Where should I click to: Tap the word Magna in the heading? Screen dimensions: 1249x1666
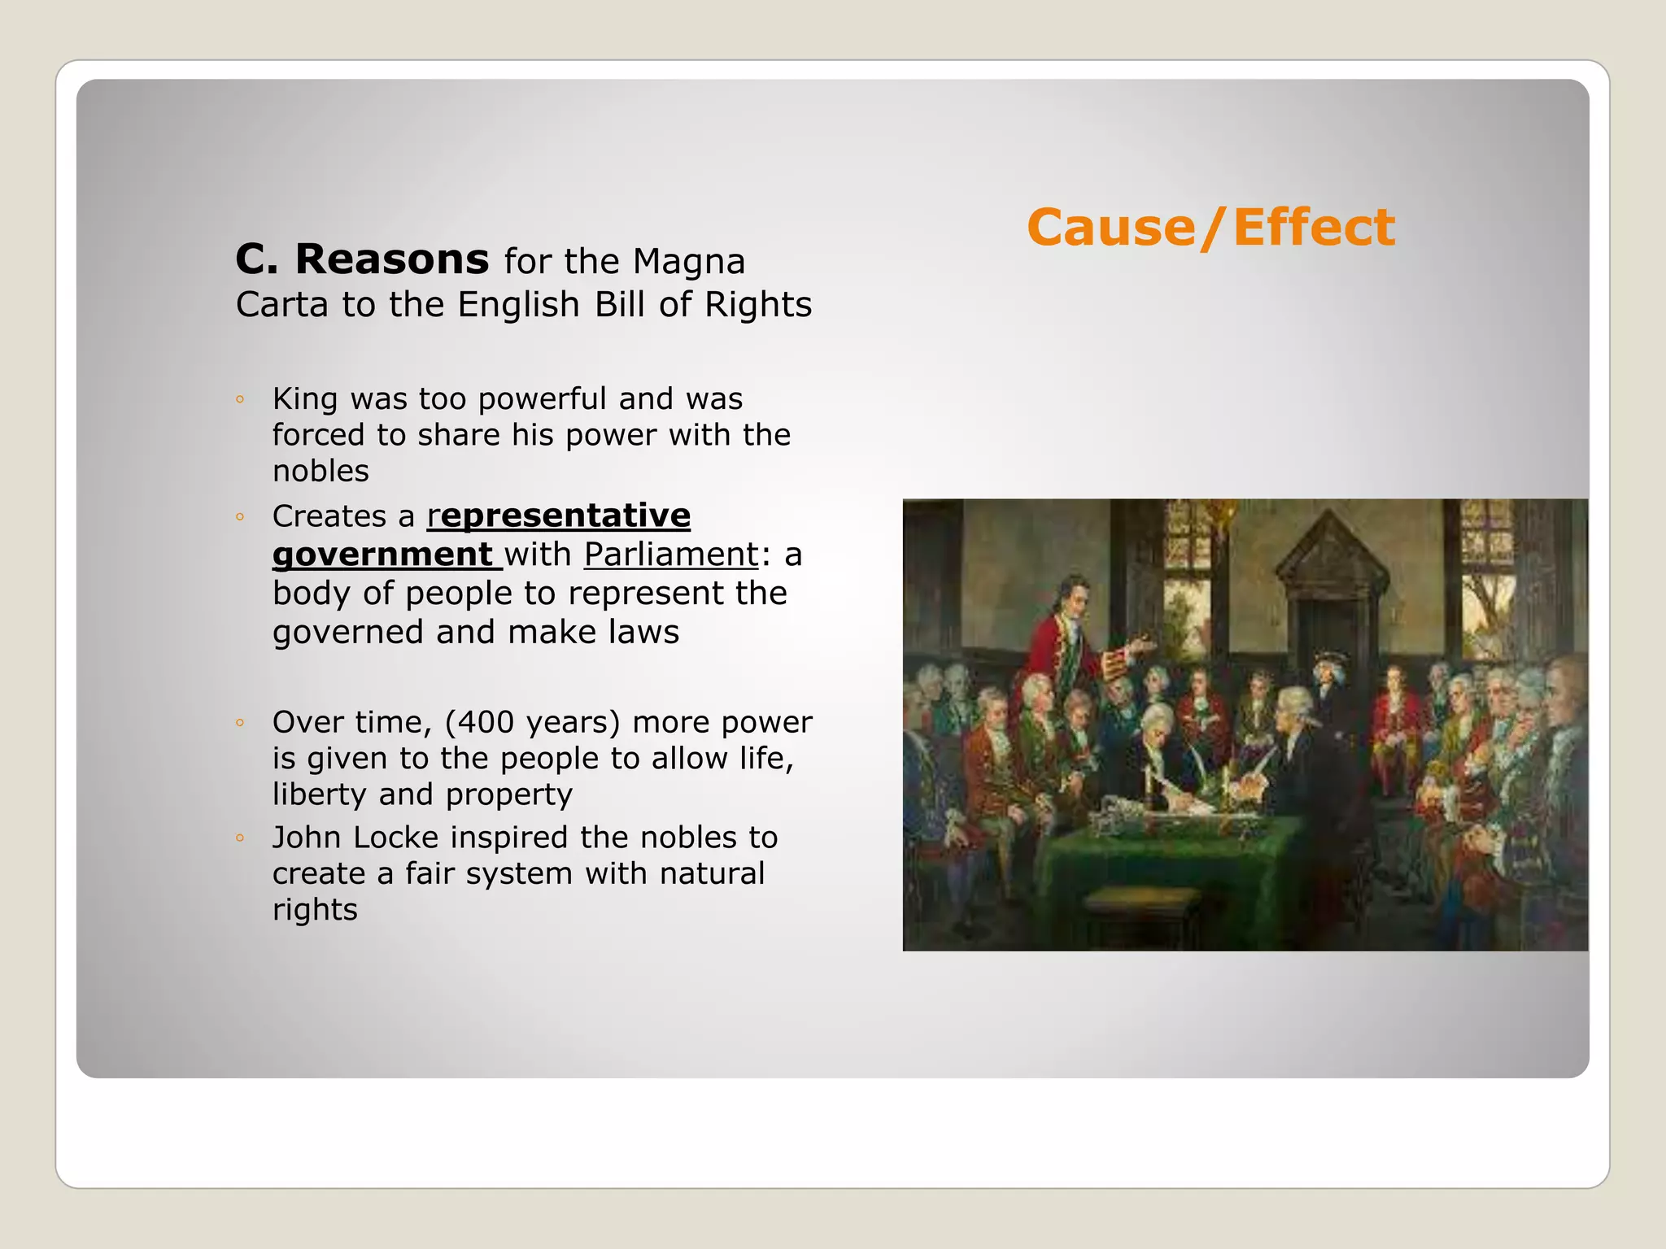(x=688, y=262)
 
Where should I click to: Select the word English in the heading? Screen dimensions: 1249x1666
(x=518, y=305)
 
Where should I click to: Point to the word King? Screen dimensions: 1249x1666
(x=304, y=398)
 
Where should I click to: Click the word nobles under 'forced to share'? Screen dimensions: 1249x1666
(x=321, y=471)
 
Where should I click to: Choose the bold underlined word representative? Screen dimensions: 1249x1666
(x=559, y=516)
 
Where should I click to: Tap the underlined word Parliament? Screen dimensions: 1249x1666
(x=670, y=555)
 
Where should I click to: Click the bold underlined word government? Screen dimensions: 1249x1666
(x=382, y=555)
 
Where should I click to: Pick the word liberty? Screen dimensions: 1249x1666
(x=320, y=794)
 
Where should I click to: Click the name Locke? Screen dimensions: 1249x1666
(x=396, y=838)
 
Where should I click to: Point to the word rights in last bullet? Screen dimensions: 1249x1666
(x=315, y=909)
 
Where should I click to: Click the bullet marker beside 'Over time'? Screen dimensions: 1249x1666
(x=240, y=722)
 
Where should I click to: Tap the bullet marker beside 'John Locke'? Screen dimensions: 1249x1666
(x=240, y=838)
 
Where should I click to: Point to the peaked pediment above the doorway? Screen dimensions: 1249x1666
(x=1331, y=553)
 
